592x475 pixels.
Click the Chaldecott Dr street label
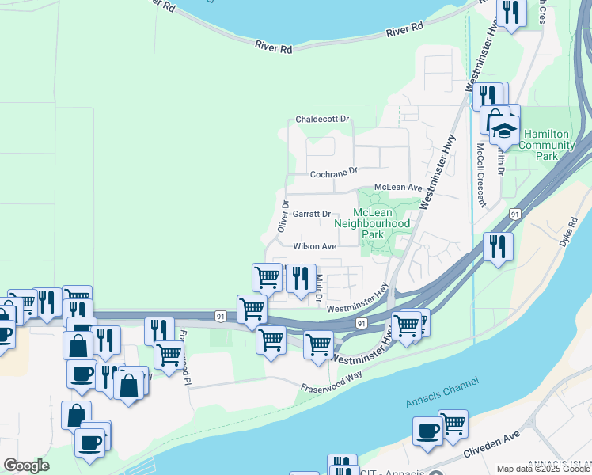[x=322, y=119]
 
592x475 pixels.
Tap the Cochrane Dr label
[x=334, y=170]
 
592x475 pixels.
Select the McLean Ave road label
[x=398, y=187]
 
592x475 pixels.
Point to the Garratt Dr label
[x=311, y=214]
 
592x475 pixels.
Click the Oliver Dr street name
[x=283, y=215]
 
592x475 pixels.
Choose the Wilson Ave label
[x=315, y=246]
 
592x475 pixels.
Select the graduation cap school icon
[x=503, y=128]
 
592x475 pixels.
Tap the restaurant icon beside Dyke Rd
[x=498, y=245]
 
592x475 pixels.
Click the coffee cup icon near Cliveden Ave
[x=428, y=431]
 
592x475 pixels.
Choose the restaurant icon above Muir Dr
[x=300, y=278]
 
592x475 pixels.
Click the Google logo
[x=26, y=465]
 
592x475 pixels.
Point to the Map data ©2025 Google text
[x=543, y=469]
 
